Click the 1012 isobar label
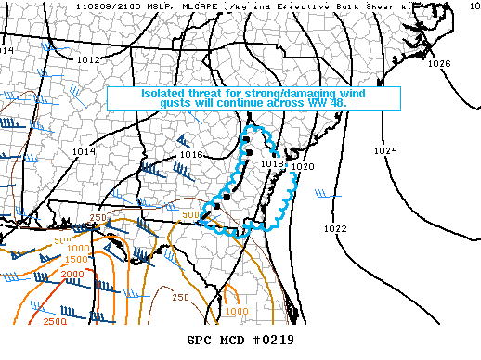point(89,59)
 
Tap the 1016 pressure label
point(192,154)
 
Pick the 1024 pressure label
point(385,150)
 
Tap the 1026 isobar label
point(439,64)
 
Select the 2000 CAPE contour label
point(45,275)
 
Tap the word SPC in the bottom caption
point(201,340)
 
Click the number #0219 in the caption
point(269,340)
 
